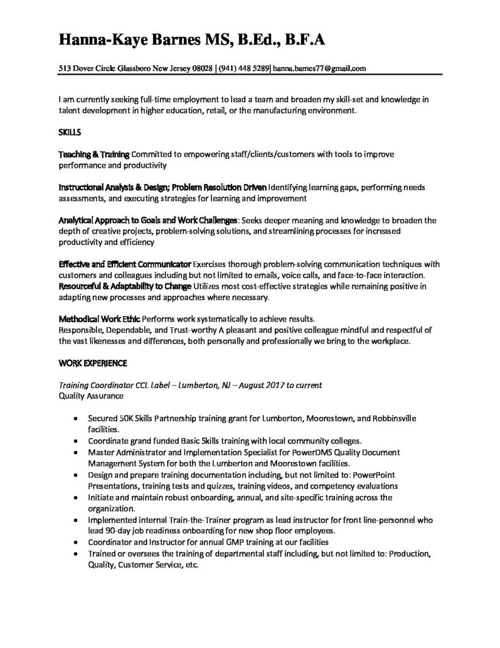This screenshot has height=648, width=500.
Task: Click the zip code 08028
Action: pyautogui.click(x=200, y=68)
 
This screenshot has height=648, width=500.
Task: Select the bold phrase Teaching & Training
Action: pyautogui.click(x=94, y=154)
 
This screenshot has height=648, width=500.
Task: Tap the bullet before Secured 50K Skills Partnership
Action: pyautogui.click(x=76, y=419)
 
